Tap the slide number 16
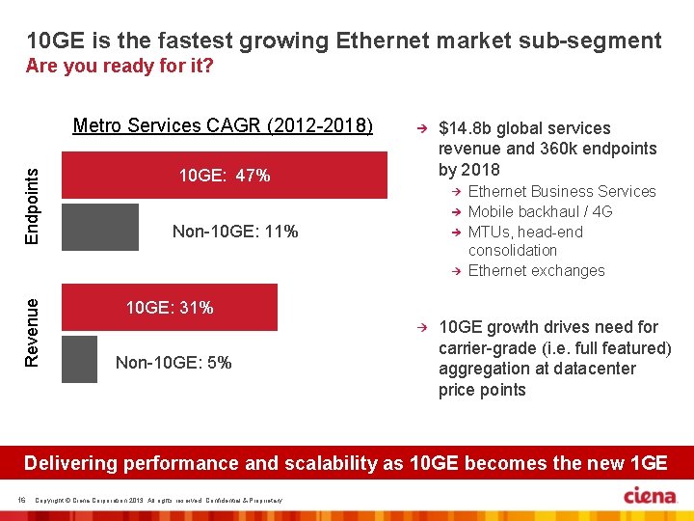pos(21,498)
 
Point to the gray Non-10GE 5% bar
pos(79,359)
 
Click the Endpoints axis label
pos(33,201)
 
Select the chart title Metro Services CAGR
pos(223,126)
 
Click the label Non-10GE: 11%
pos(234,232)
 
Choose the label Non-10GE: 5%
pos(173,363)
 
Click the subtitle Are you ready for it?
pos(120,67)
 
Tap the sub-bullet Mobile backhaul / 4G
pos(540,211)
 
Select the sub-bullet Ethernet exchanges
pos(536,270)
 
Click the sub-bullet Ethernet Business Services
pos(561,191)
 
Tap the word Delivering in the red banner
pos(68,463)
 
